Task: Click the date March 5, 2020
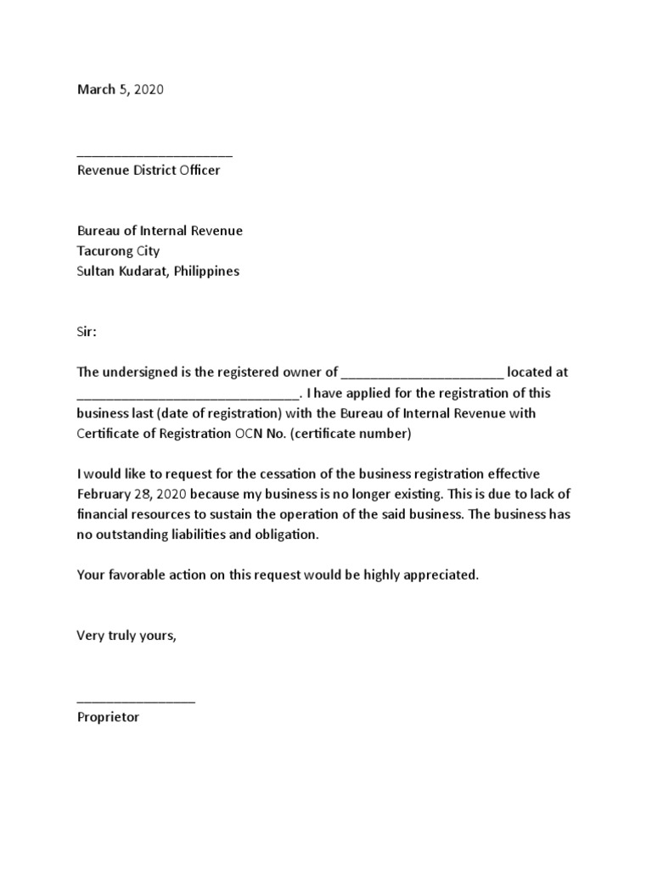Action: (120, 89)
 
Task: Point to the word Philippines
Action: (207, 272)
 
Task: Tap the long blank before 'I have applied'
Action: (188, 395)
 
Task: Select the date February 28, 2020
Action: (132, 494)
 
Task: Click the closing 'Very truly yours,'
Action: (127, 636)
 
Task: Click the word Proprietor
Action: (108, 717)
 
